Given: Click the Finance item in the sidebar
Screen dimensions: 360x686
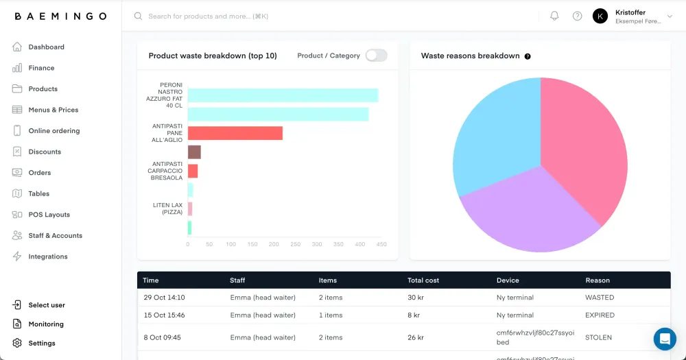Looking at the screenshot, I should [41, 68].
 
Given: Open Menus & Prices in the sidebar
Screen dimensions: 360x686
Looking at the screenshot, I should [53, 110].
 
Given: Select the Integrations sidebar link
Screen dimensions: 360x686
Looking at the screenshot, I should [47, 256].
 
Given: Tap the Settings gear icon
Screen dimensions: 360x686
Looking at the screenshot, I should [17, 343].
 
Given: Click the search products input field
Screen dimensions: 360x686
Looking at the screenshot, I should [274, 16].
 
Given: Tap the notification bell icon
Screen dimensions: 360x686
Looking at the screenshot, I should [554, 16].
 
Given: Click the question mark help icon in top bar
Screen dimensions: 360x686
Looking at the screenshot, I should [577, 16].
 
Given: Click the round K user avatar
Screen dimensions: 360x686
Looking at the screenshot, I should [600, 16].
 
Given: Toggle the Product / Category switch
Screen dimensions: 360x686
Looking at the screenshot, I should [376, 56].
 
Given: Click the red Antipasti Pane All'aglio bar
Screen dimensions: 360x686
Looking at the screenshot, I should [235, 133].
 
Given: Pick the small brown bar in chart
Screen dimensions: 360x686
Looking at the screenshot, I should [194, 152].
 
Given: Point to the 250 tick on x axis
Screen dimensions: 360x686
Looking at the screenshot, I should [295, 244].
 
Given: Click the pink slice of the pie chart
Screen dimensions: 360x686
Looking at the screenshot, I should [583, 151].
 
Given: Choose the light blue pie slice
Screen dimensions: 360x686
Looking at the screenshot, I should [494, 137].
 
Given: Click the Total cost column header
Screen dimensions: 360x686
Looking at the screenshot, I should [423, 280].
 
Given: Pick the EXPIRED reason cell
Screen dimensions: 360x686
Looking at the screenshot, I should [600, 315].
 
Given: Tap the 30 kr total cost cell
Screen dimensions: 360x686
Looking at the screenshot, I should [416, 298].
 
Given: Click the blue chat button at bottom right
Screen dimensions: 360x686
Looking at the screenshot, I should [664, 339].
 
